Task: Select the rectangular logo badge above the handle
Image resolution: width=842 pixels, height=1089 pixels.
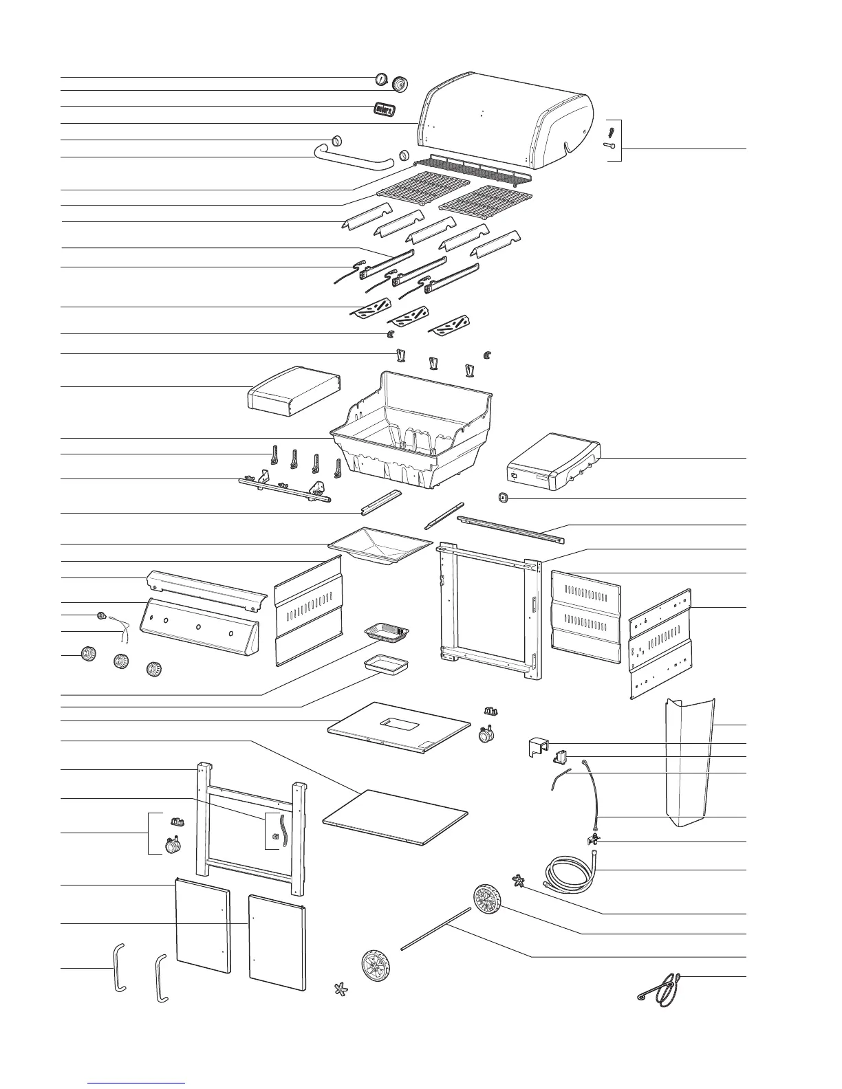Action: coord(384,109)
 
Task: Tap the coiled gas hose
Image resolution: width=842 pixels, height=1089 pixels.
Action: coord(571,871)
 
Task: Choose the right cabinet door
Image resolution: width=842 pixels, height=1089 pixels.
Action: coord(277,942)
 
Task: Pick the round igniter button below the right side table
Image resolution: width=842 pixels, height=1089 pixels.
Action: coord(503,497)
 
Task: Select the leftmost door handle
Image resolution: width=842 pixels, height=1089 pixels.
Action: coord(118,967)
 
